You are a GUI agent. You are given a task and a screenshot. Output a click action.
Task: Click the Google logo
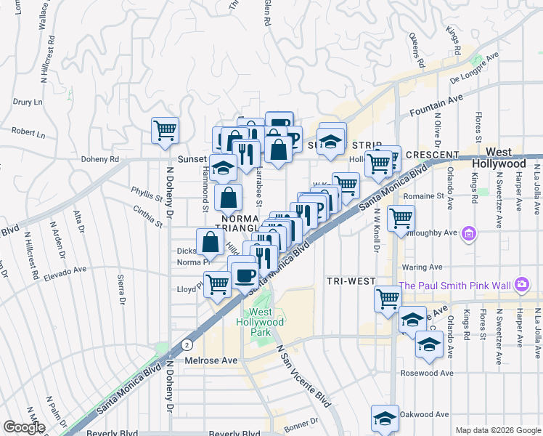pyautogui.click(x=24, y=427)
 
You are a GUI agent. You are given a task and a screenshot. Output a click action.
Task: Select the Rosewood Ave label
pyautogui.click(x=428, y=373)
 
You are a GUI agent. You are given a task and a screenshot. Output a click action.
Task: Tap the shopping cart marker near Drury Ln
pyautogui.click(x=166, y=131)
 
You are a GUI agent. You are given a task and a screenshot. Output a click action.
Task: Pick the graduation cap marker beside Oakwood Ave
pyautogui.click(x=385, y=418)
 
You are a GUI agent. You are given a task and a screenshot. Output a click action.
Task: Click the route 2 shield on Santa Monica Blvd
pyautogui.click(x=187, y=344)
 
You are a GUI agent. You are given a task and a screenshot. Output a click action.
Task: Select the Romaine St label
pyautogui.click(x=423, y=196)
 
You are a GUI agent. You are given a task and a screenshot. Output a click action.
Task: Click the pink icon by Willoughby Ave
pyautogui.click(x=470, y=233)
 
